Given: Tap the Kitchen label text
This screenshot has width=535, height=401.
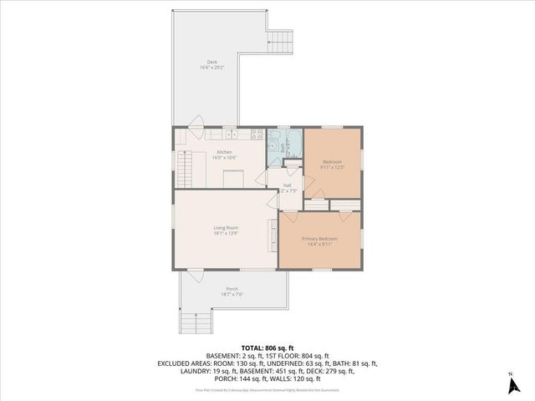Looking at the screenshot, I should pos(225,151).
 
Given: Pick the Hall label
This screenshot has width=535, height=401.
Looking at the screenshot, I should pos(287,185).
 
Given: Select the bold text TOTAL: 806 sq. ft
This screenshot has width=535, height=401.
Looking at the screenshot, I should pos(267,345).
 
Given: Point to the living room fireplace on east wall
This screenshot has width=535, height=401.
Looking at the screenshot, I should pos(271,236).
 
